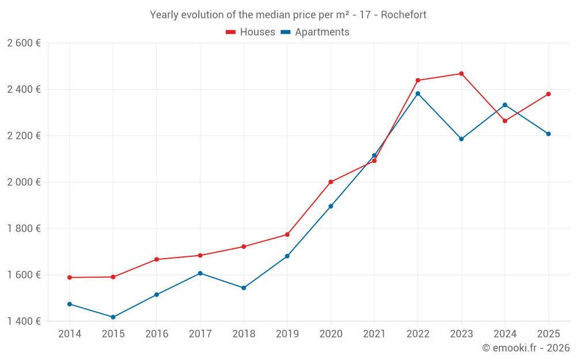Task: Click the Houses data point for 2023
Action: pos(461,74)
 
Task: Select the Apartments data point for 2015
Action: pos(113,317)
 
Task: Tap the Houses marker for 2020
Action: pos(331,182)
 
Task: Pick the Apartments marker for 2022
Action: pos(418,93)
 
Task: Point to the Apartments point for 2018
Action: pos(244,288)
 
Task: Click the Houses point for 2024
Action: pos(505,121)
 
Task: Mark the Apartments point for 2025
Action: pos(548,134)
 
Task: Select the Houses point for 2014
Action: pos(70,278)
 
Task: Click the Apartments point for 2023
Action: pos(461,139)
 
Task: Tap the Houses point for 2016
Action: pos(157,259)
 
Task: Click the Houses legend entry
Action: pos(257,32)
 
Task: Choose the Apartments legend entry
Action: pos(321,32)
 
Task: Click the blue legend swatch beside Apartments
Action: pos(285,32)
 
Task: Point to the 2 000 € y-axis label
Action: pos(24,182)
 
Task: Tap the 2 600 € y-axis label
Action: pos(24,43)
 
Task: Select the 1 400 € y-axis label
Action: pos(24,321)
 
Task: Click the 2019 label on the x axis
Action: pos(287,334)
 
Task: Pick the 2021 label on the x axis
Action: pos(374,334)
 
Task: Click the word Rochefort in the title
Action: pos(404,15)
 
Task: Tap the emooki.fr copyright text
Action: pos(525,348)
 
